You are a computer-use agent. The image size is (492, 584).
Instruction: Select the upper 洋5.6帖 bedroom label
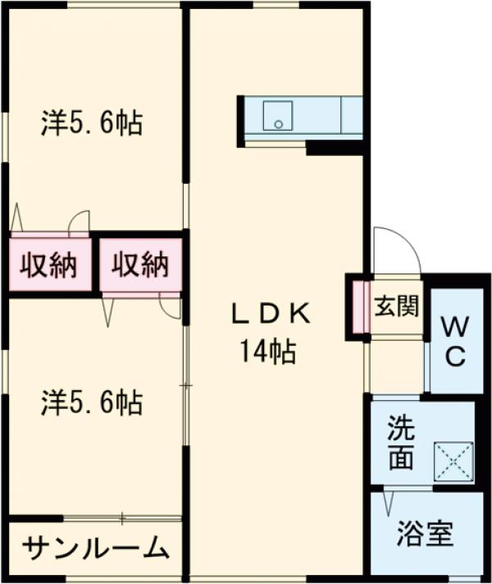[x=92, y=124]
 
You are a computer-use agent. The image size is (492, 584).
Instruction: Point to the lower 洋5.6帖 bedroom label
[x=92, y=402]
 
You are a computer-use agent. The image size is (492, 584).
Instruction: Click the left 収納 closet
[x=48, y=265]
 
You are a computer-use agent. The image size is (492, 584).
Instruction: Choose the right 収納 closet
[x=140, y=265]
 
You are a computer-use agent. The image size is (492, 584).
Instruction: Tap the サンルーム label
[x=96, y=548]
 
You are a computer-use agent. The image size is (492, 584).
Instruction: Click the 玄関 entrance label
[x=397, y=307]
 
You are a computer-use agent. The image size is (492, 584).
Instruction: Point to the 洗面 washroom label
[x=401, y=444]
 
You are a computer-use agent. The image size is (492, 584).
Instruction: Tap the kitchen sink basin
[x=278, y=115]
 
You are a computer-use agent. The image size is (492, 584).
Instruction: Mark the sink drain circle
[x=278, y=125]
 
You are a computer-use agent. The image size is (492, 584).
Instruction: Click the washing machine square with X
[x=454, y=461]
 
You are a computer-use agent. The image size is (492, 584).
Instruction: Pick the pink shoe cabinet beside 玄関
[x=359, y=307]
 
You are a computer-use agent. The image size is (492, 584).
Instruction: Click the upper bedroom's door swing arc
[x=80, y=220]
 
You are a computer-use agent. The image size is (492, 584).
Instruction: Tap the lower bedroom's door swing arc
[x=170, y=309]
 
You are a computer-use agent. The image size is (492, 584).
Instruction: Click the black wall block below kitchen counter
[x=333, y=149]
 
